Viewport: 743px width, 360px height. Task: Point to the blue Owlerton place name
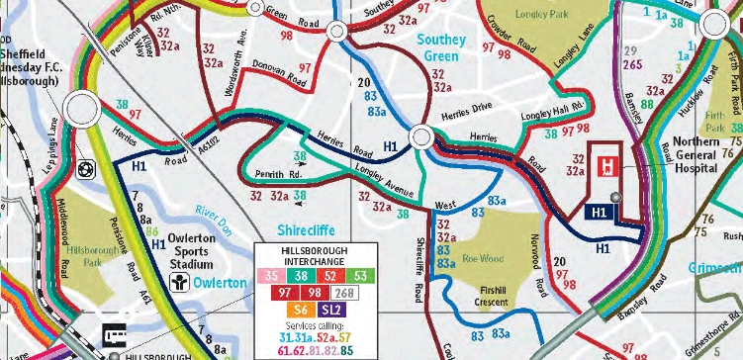(x=221, y=284)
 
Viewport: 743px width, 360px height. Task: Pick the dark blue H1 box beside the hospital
(x=598, y=212)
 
